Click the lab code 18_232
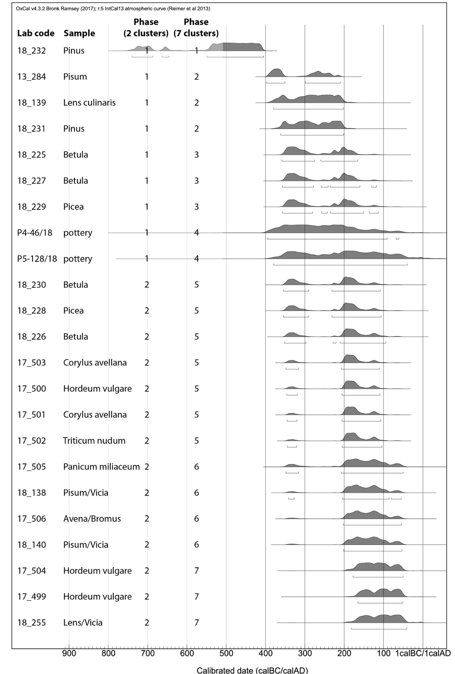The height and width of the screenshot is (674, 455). (x=31, y=51)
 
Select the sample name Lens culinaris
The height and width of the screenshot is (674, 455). (x=89, y=103)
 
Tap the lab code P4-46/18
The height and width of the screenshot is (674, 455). (x=35, y=233)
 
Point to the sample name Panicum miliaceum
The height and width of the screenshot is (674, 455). (x=102, y=467)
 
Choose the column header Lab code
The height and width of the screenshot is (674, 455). (x=36, y=33)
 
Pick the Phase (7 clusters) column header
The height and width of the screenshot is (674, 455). (x=196, y=28)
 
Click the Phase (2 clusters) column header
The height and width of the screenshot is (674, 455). (x=146, y=28)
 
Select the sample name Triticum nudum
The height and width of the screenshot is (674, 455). (x=94, y=441)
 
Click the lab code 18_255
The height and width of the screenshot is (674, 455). (x=31, y=623)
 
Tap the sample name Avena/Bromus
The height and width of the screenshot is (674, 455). (x=92, y=519)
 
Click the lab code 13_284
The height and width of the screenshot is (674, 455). (x=31, y=77)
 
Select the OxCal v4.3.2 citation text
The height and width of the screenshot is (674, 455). (x=113, y=9)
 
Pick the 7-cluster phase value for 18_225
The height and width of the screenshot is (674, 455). (x=196, y=155)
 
